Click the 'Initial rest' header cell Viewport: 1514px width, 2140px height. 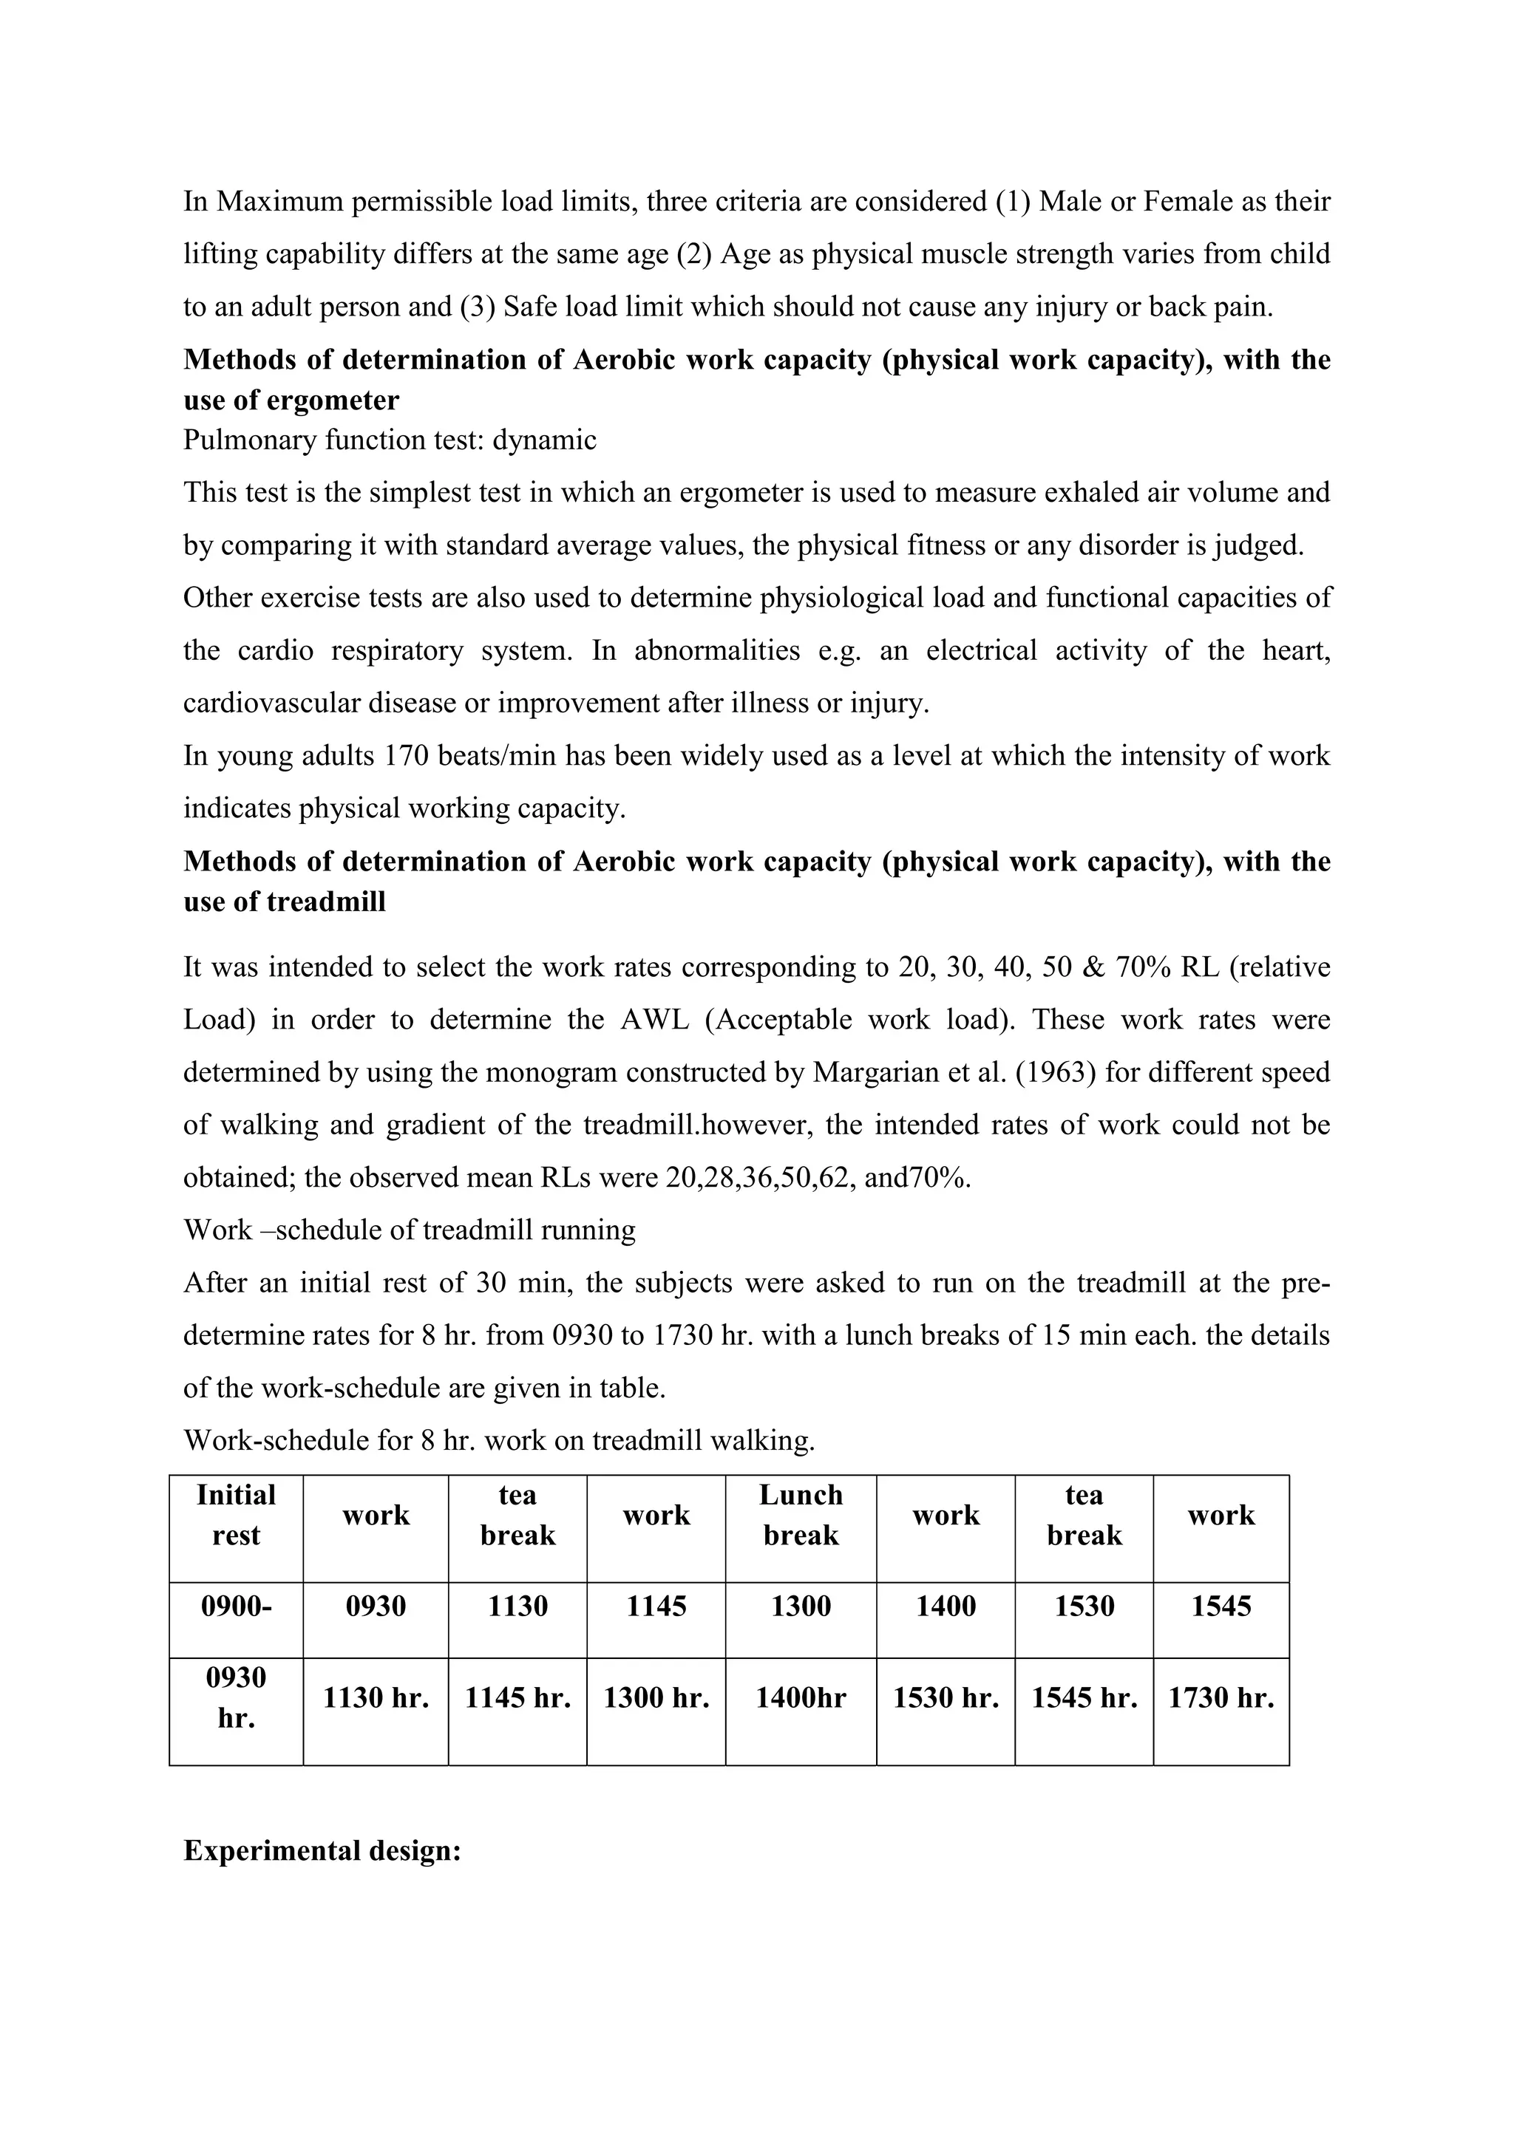[x=236, y=1515]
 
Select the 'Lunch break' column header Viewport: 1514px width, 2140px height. [x=801, y=1515]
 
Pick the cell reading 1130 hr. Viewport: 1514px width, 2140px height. [x=376, y=1698]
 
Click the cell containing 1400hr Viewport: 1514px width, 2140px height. [x=801, y=1698]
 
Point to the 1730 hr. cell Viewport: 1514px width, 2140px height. [x=1221, y=1698]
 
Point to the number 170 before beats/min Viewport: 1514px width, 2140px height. [x=406, y=755]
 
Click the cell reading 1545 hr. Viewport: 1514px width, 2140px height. [x=1084, y=1698]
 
